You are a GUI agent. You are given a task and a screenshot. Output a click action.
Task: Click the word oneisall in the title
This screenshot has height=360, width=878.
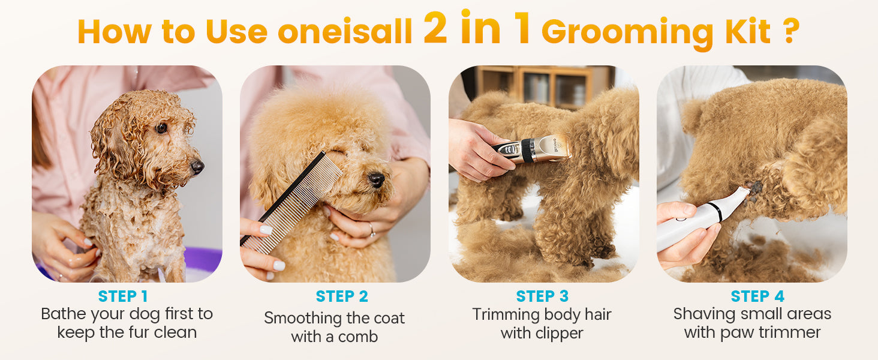345,31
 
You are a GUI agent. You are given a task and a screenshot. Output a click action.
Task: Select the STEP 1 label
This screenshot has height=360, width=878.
123,296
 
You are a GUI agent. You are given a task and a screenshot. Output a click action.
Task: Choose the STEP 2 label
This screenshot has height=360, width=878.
342,296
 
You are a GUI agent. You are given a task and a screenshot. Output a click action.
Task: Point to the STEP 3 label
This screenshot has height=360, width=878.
542,296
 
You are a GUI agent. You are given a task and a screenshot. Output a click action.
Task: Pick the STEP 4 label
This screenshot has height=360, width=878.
757,296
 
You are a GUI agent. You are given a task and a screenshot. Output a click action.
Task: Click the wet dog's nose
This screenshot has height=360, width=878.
197,167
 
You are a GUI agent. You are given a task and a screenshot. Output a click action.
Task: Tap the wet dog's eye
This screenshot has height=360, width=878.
161,128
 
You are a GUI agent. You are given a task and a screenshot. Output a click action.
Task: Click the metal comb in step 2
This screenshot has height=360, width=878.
291,202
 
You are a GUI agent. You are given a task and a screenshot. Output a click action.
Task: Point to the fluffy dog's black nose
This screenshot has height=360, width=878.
376,179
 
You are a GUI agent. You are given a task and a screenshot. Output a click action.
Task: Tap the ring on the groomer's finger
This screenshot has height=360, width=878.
371,230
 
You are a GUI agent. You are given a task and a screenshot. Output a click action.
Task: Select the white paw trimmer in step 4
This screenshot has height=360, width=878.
702,219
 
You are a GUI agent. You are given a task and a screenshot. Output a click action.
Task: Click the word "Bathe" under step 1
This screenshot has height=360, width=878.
64,314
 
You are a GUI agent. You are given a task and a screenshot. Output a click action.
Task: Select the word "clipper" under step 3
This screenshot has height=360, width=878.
559,334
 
